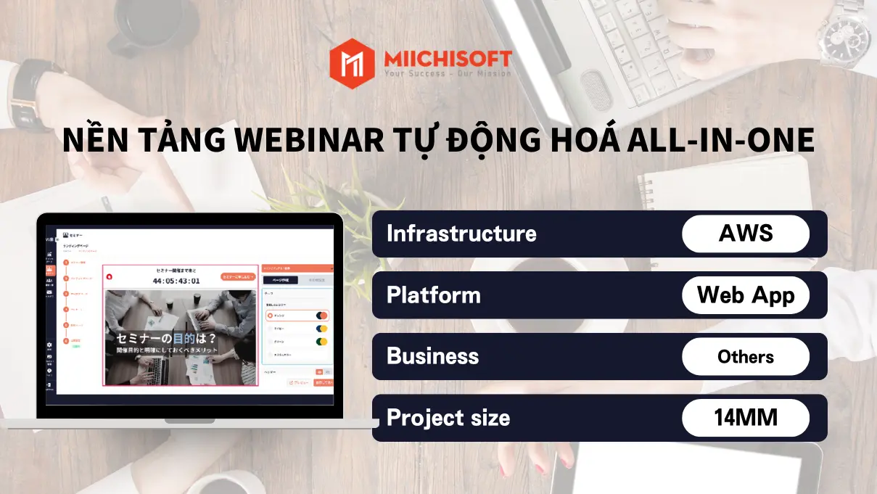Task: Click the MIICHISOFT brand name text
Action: coord(448,58)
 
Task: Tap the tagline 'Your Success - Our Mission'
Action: coord(448,74)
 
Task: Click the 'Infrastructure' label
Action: coord(461,234)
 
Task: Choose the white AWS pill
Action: coord(746,234)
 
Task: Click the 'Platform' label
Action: coord(433,295)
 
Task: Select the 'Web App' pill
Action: coord(746,295)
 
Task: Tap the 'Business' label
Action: coord(432,356)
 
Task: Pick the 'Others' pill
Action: coord(746,356)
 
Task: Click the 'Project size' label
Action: coord(448,418)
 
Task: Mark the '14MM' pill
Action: coord(746,418)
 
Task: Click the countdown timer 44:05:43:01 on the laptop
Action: coord(177,281)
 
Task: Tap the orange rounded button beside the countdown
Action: coord(237,277)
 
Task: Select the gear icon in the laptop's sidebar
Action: coord(49,346)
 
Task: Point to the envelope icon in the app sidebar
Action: coord(49,293)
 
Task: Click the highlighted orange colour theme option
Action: coord(297,316)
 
